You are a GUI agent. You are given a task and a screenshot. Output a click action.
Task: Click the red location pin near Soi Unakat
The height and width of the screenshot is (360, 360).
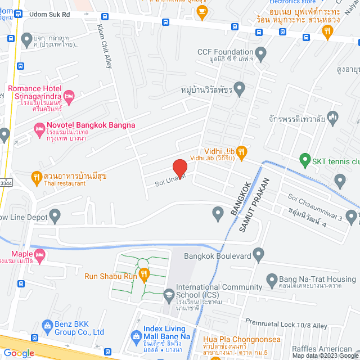coord(179,168)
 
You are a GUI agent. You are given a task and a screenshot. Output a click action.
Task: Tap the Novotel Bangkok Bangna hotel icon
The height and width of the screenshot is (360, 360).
coord(39,130)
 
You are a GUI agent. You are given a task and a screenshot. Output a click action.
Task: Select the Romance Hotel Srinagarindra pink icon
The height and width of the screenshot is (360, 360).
coord(69,97)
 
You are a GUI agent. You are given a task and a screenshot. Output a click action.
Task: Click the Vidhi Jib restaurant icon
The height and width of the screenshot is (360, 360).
coord(241,151)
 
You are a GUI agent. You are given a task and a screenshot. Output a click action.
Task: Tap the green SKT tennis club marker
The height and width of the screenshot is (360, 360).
coord(305,159)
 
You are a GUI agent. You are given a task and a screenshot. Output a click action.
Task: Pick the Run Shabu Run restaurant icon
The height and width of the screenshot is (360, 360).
coord(144,275)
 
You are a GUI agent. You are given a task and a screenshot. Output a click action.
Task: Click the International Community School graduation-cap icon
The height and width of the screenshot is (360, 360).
coord(168,294)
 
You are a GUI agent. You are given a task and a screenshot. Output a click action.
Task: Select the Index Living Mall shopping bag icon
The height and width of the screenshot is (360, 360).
coord(136,336)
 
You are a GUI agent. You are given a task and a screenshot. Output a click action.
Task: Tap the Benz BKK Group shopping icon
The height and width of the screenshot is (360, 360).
coord(46,326)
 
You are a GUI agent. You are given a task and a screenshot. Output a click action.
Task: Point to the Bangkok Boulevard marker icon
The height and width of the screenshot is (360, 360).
coord(258,256)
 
